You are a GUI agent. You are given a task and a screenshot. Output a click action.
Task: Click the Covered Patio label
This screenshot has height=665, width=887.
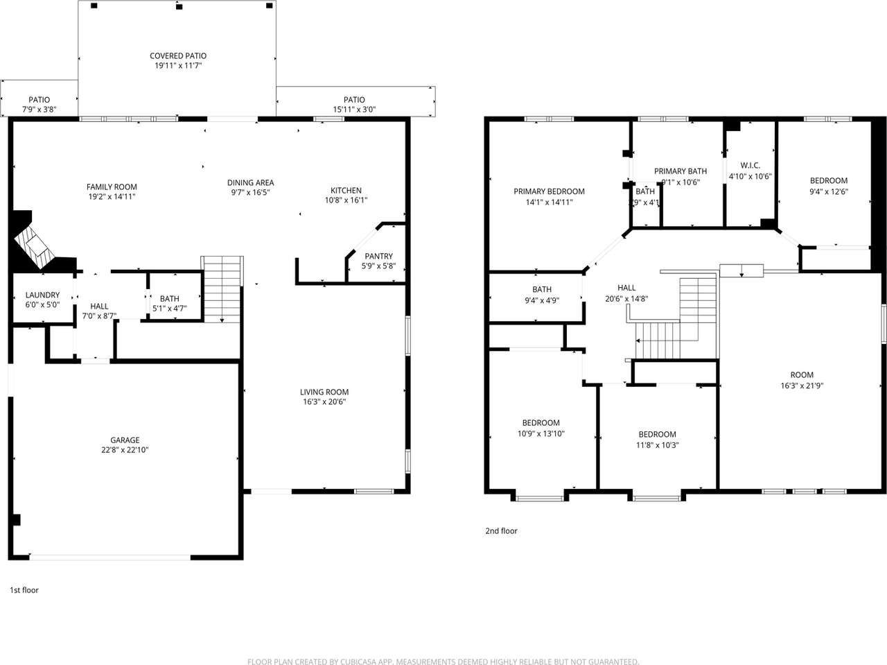(178, 56)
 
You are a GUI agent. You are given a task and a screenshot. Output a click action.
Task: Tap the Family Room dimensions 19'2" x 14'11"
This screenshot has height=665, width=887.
(112, 197)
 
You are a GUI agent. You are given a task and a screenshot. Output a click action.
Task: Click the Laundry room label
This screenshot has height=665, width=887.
(42, 295)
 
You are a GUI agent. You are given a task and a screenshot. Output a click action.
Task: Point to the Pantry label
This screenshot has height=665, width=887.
(378, 257)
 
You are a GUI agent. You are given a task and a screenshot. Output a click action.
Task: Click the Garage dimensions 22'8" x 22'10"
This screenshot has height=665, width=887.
(125, 450)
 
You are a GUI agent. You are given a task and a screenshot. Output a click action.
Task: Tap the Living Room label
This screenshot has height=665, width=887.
(324, 392)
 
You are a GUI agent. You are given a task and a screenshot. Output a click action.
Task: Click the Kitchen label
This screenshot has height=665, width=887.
(346, 191)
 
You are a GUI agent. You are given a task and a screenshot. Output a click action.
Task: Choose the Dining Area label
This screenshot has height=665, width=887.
(250, 183)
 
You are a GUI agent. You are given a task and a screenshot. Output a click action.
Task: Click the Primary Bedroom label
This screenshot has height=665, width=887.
(549, 192)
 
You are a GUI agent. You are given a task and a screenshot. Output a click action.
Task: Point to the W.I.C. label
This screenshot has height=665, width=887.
(750, 166)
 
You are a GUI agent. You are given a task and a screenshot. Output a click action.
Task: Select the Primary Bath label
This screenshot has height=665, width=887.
(680, 171)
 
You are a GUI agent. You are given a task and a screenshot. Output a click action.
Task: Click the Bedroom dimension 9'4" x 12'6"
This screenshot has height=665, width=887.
(829, 192)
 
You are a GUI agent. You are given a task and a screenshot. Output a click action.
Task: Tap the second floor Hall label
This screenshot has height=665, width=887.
(626, 288)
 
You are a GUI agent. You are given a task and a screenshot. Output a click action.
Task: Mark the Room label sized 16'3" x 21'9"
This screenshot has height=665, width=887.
(802, 375)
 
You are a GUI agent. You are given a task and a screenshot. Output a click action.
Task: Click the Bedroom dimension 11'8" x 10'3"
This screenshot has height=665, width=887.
(658, 445)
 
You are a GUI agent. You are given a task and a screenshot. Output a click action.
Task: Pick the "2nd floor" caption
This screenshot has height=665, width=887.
(501, 531)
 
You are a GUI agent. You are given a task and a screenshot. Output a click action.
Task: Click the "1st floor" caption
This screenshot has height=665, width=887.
(24, 590)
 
